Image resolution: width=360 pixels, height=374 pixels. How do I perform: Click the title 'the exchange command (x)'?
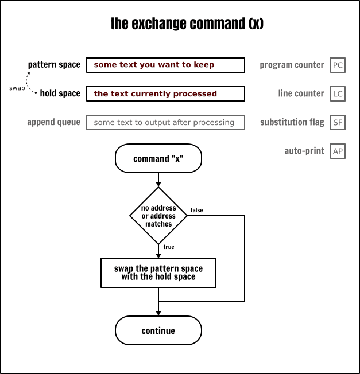pyautogui.click(x=180, y=24)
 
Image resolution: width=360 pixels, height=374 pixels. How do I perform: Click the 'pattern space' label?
pyautogui.click(x=54, y=65)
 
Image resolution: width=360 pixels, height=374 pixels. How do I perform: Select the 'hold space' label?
pyautogui.click(x=60, y=93)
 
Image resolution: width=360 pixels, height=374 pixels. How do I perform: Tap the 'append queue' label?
pyautogui.click(x=53, y=122)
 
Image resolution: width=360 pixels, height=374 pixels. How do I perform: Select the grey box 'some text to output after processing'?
pyautogui.click(x=165, y=122)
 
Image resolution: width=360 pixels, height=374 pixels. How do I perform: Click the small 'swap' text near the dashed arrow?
pyautogui.click(x=17, y=88)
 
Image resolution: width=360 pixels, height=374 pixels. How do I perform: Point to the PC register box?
pyautogui.click(x=338, y=65)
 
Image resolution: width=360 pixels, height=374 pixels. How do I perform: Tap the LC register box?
pyautogui.click(x=338, y=93)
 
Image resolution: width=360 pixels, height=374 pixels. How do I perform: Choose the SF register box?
pyautogui.click(x=338, y=122)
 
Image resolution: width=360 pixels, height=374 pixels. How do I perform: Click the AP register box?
pyautogui.click(x=338, y=151)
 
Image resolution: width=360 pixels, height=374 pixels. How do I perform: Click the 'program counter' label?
pyautogui.click(x=292, y=65)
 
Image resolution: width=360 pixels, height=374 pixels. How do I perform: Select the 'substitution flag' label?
pyautogui.click(x=292, y=122)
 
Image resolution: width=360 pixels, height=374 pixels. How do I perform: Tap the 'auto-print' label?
pyautogui.click(x=304, y=151)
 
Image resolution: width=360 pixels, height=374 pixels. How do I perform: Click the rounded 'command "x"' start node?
pyautogui.click(x=158, y=159)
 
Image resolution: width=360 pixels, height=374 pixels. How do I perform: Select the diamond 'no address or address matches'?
pyautogui.click(x=158, y=216)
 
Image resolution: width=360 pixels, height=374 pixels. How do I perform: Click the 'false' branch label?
pyautogui.click(x=196, y=211)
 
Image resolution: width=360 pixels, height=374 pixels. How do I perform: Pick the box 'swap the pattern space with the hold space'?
pyautogui.click(x=158, y=272)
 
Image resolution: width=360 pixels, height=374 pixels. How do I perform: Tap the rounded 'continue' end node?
pyautogui.click(x=158, y=330)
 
